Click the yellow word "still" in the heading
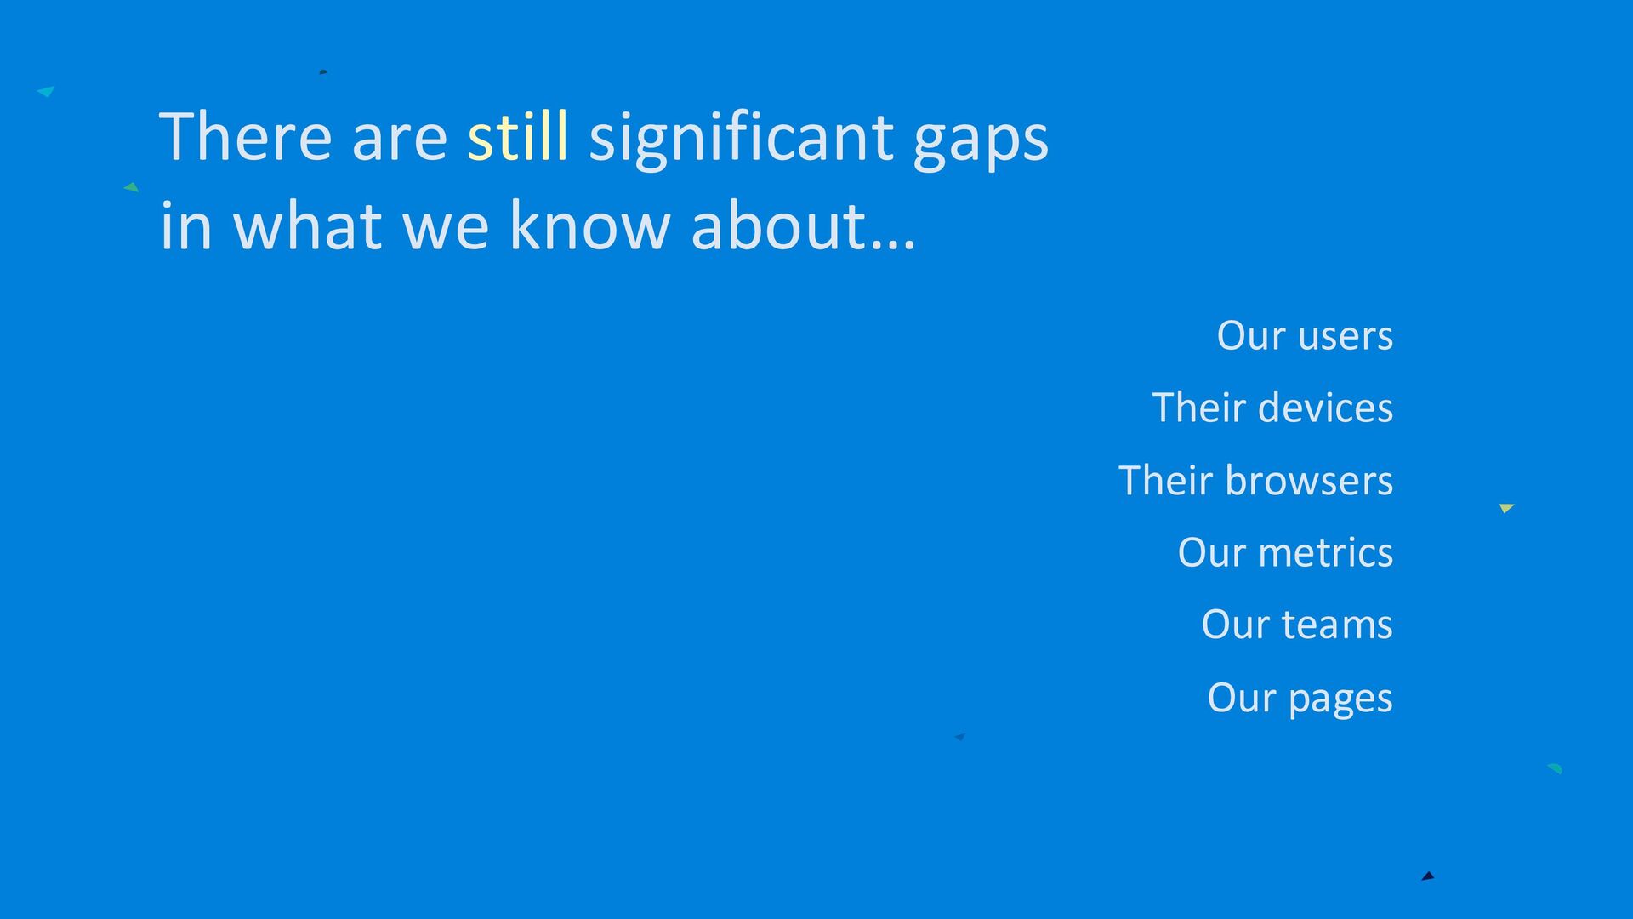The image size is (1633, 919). point(518,135)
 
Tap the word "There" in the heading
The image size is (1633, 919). point(245,135)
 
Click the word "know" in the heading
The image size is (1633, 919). point(589,225)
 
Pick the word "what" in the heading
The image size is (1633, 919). point(307,225)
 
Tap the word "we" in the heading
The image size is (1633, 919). point(446,232)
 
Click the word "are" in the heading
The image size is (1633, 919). point(399,142)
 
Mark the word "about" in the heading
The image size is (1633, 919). point(778,225)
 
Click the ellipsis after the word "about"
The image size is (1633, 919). point(893,244)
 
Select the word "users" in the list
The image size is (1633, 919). point(1346,337)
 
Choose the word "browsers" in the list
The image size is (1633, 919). point(1310,481)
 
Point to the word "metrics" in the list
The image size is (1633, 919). point(1326,553)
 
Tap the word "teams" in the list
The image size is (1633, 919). point(1338,625)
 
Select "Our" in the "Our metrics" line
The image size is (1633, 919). point(1212,553)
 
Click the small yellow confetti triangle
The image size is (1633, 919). point(1506,508)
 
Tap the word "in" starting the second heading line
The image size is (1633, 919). point(185,225)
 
